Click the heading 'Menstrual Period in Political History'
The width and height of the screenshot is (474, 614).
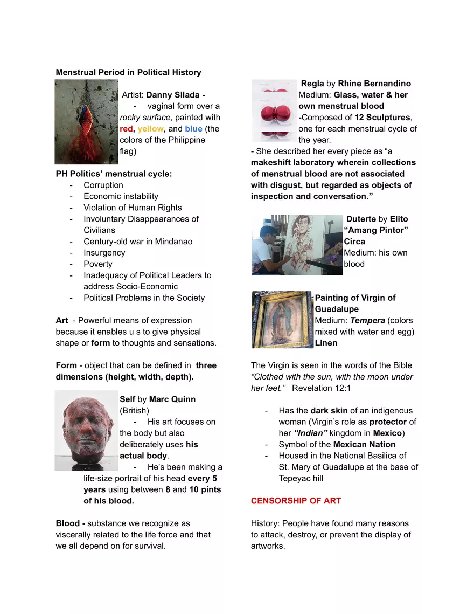[x=128, y=72]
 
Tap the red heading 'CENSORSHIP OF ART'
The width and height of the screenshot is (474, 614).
[x=296, y=501]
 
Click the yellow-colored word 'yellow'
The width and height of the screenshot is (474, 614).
[x=150, y=129]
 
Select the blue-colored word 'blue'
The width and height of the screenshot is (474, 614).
[x=193, y=129]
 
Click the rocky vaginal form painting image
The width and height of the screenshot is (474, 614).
[x=86, y=122]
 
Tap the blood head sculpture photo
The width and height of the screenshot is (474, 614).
[x=86, y=430]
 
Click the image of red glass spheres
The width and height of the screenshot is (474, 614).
[x=274, y=111]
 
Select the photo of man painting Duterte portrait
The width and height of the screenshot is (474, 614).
[x=297, y=245]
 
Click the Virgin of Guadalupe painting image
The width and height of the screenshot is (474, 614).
[x=282, y=320]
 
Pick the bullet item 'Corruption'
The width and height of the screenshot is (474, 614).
[x=103, y=185]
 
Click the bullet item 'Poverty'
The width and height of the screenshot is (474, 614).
[x=98, y=264]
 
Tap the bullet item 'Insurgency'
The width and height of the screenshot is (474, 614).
[x=104, y=253]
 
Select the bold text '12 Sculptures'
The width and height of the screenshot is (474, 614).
[x=385, y=118]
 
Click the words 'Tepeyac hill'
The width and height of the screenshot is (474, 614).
[x=301, y=478]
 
